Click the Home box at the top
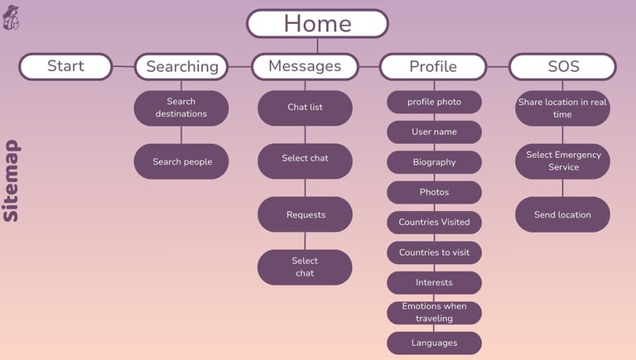[317, 23]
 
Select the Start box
[65, 66]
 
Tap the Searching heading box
[181, 67]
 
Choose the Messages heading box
[305, 66]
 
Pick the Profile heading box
[433, 67]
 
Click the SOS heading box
[562, 66]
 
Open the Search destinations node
[181, 108]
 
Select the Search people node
[181, 161]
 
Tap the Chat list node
[305, 108]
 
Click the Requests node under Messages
[305, 214]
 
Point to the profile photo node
[434, 102]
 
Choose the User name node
[434, 132]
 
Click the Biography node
[434, 162]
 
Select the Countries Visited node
[434, 222]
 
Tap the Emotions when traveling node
[434, 312]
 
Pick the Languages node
[434, 343]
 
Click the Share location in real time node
[562, 108]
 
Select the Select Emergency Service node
[562, 161]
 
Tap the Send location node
[562, 214]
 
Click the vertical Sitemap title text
[12, 180]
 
